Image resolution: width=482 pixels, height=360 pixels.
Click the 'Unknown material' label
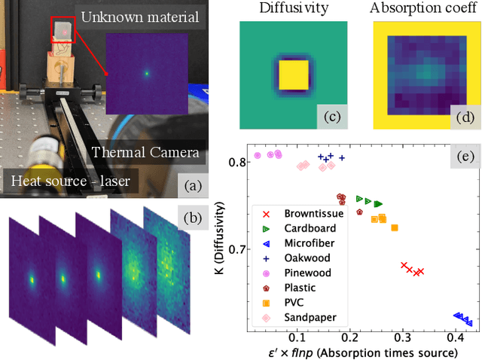click(140, 17)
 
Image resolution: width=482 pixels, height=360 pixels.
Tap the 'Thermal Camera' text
click(145, 153)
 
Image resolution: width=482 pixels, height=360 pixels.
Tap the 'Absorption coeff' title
click(426, 9)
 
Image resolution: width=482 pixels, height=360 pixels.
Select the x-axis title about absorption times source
click(352, 352)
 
